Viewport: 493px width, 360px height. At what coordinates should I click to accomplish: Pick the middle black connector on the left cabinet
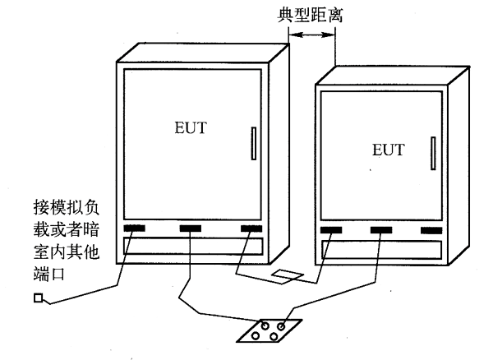191,227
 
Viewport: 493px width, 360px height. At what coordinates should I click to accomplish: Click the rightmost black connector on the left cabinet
250,227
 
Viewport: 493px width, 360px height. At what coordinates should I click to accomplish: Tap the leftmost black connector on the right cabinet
332,231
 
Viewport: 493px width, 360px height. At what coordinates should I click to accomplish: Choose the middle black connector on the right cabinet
381,231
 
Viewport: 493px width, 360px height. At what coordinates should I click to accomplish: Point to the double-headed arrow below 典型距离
315,35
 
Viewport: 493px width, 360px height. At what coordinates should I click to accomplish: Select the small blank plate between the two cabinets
288,275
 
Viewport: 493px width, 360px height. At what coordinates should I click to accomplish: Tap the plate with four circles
269,330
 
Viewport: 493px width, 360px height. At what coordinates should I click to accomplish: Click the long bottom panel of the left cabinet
191,247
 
